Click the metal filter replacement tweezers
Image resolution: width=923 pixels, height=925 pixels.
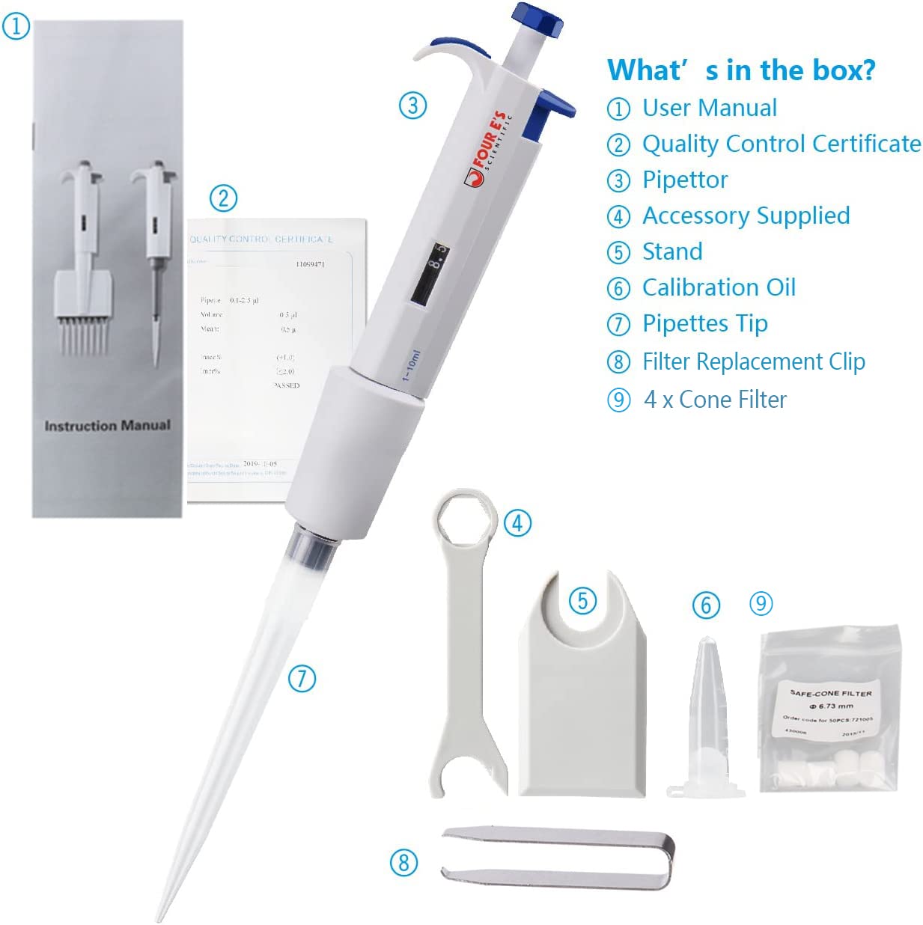click(x=558, y=857)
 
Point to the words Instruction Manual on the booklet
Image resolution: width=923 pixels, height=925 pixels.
click(x=107, y=426)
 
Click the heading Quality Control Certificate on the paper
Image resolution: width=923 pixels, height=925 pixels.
click(x=261, y=239)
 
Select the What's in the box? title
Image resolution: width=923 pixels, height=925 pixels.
click(x=740, y=70)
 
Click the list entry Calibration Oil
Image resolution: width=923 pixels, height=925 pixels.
click(x=719, y=287)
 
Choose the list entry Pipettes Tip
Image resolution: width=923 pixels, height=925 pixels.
click(x=704, y=323)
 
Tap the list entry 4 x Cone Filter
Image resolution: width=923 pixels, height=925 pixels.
click(x=715, y=400)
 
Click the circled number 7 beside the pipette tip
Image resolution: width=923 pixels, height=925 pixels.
click(x=302, y=679)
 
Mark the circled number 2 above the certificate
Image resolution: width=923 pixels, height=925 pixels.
click(x=223, y=198)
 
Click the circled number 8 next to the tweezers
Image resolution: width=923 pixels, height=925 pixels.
click(x=403, y=862)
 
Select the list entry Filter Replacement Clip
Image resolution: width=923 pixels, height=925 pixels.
click(x=753, y=361)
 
